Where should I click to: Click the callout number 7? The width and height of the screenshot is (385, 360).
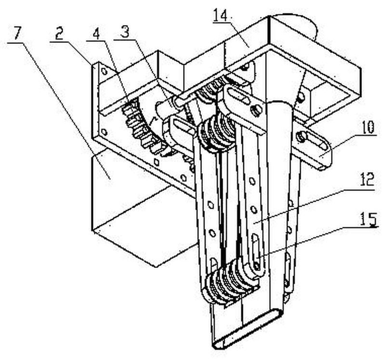tap(18, 34)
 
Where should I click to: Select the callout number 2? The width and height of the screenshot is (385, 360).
tap(59, 34)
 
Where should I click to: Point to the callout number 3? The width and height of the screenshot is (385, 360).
tap(125, 30)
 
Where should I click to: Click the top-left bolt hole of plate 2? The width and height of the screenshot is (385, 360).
tap(105, 71)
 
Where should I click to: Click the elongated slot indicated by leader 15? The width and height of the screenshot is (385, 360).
tap(255, 248)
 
